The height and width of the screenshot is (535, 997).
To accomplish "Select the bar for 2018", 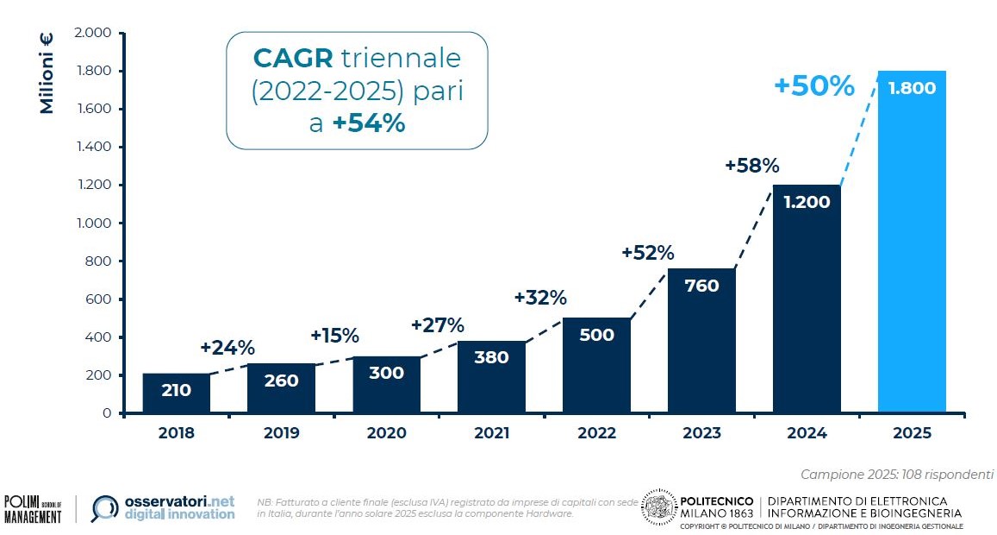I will pos(176,393).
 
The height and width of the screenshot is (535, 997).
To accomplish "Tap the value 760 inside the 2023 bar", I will pos(701,286).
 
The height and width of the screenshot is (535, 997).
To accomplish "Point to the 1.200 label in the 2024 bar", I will pos(807,203).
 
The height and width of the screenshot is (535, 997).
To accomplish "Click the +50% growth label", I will pos(813,86).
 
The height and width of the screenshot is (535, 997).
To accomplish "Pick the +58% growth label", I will pos(751,165).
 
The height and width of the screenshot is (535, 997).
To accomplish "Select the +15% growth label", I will pos(334,335).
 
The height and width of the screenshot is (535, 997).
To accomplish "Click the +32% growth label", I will pos(540,298).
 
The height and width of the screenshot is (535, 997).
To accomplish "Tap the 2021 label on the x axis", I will pos(491,433).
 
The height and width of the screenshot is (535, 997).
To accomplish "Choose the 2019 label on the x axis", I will pos(281,433).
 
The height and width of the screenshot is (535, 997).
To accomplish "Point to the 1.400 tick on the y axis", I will pos(94,148).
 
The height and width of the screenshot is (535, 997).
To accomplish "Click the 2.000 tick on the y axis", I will pos(94,34).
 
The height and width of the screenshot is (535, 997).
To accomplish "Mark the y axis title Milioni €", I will pos(47,72).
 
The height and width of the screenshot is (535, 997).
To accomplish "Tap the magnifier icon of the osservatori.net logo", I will pos(105,509).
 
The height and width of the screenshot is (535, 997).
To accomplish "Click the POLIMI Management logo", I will pos(33,508).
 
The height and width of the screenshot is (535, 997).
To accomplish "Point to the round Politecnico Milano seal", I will pos(659,508).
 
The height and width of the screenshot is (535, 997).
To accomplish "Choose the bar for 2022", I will pos(596,366).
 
